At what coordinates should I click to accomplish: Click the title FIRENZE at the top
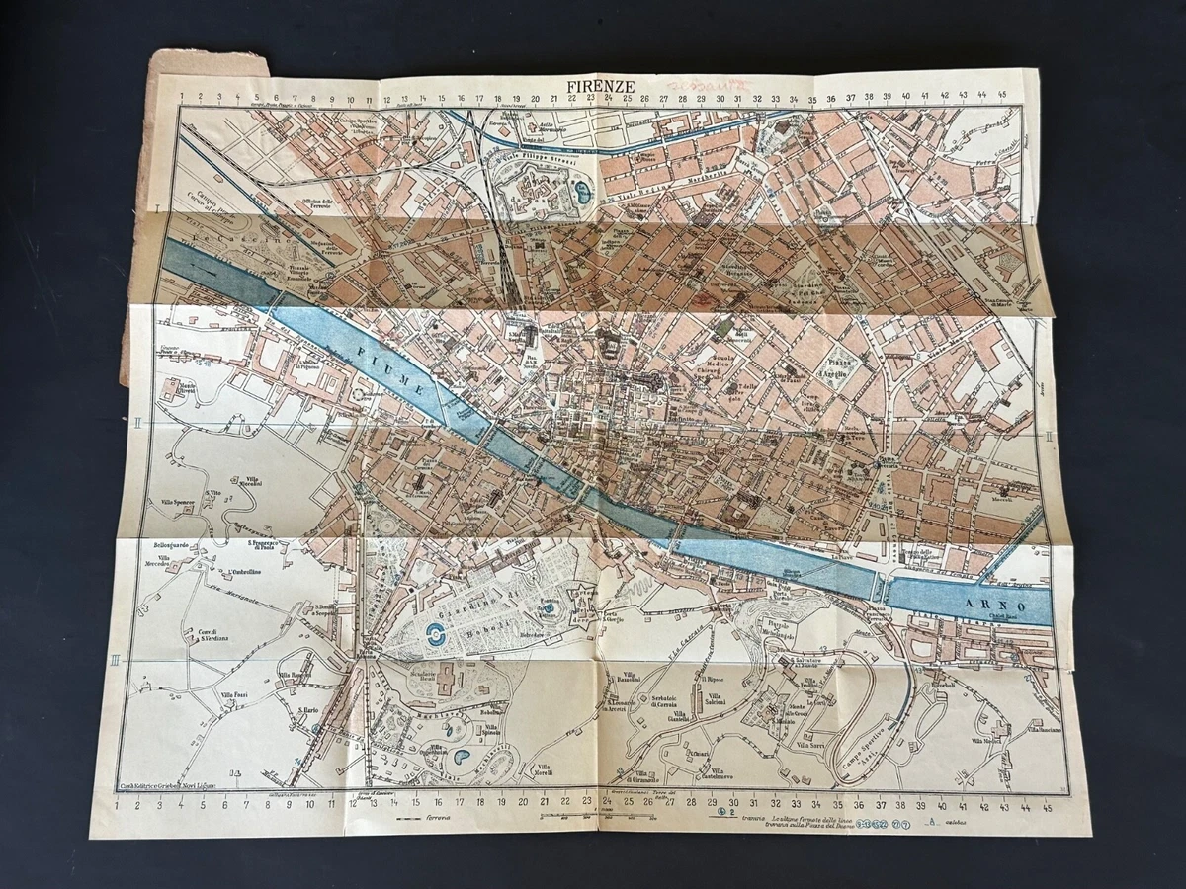600,86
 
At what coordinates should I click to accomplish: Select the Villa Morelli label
542,770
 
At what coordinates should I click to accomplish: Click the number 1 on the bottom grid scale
118,803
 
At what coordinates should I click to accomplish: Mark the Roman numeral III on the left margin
116,659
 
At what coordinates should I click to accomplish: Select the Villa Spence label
178,502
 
